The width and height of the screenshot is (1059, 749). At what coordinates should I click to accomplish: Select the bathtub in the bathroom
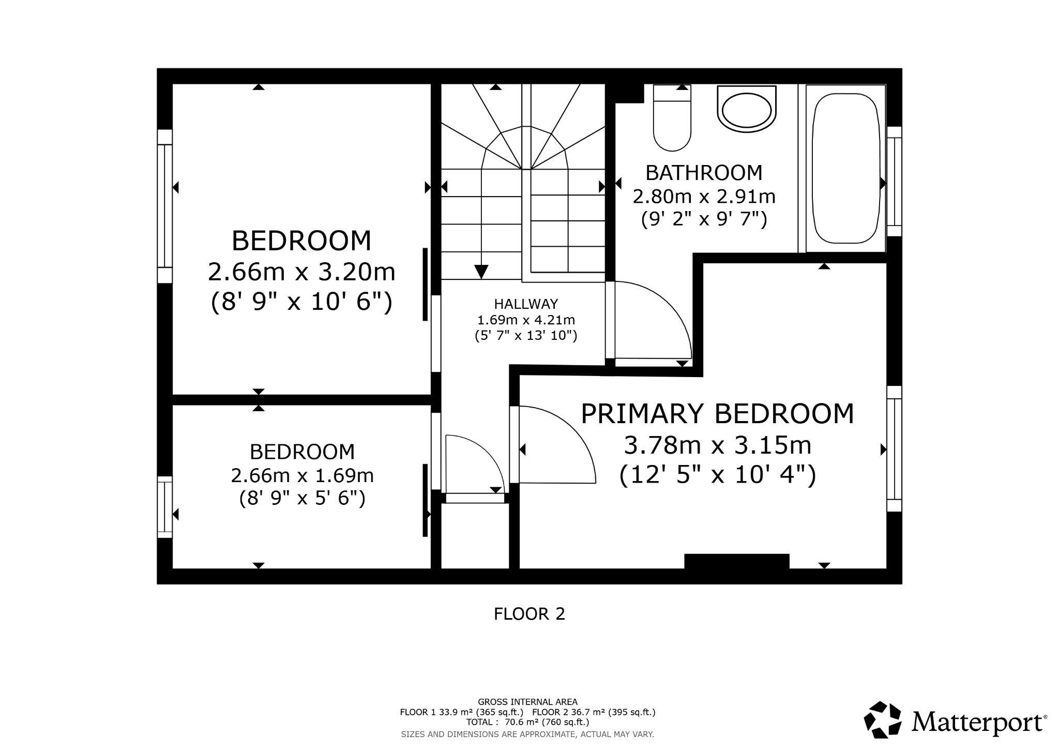846,168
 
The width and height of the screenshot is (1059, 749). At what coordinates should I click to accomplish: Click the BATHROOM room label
704,173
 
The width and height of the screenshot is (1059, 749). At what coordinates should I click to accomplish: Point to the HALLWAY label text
526,304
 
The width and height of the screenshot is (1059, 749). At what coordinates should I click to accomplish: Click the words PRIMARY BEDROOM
717,414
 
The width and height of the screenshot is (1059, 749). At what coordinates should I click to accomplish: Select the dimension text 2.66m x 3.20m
301,272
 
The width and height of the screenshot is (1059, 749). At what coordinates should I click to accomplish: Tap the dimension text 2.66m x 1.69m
302,475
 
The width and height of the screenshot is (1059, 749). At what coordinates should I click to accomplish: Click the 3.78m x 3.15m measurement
717,445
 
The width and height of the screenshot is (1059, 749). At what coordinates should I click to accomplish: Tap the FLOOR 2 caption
529,614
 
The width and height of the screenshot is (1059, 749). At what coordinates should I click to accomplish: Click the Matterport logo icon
883,719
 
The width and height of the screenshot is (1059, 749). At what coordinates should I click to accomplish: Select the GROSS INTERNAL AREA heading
527,702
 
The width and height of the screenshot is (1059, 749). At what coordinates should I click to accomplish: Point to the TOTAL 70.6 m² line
527,722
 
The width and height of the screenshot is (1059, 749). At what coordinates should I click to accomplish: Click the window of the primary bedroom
894,449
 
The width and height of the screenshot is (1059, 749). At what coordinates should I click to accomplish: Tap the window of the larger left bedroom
164,206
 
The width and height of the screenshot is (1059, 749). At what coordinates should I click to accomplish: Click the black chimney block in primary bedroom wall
736,561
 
